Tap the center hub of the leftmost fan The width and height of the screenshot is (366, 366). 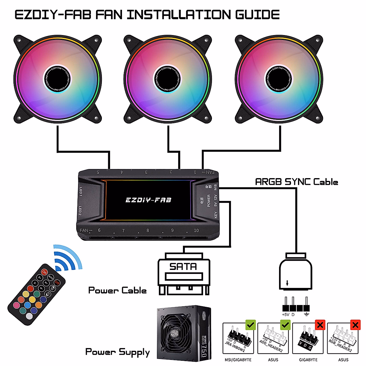point(58,78)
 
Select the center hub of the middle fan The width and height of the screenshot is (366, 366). point(168,78)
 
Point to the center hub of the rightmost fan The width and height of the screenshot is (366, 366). point(279,78)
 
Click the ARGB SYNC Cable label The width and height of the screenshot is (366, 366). point(296,182)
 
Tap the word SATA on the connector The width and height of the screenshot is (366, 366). point(183,267)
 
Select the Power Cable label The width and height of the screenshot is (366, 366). point(117,290)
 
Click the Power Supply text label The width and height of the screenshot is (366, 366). point(117,352)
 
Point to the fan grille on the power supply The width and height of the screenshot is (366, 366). point(175,332)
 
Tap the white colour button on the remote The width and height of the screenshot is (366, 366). point(29,316)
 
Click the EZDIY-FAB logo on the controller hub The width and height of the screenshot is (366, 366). point(148,200)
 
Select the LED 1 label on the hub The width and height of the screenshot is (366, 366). point(81,192)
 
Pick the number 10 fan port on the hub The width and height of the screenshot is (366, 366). point(196,230)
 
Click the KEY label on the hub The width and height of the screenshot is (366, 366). point(216,215)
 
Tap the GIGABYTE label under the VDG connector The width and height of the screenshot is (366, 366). point(308,360)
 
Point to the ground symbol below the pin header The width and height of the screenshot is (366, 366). point(307,314)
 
